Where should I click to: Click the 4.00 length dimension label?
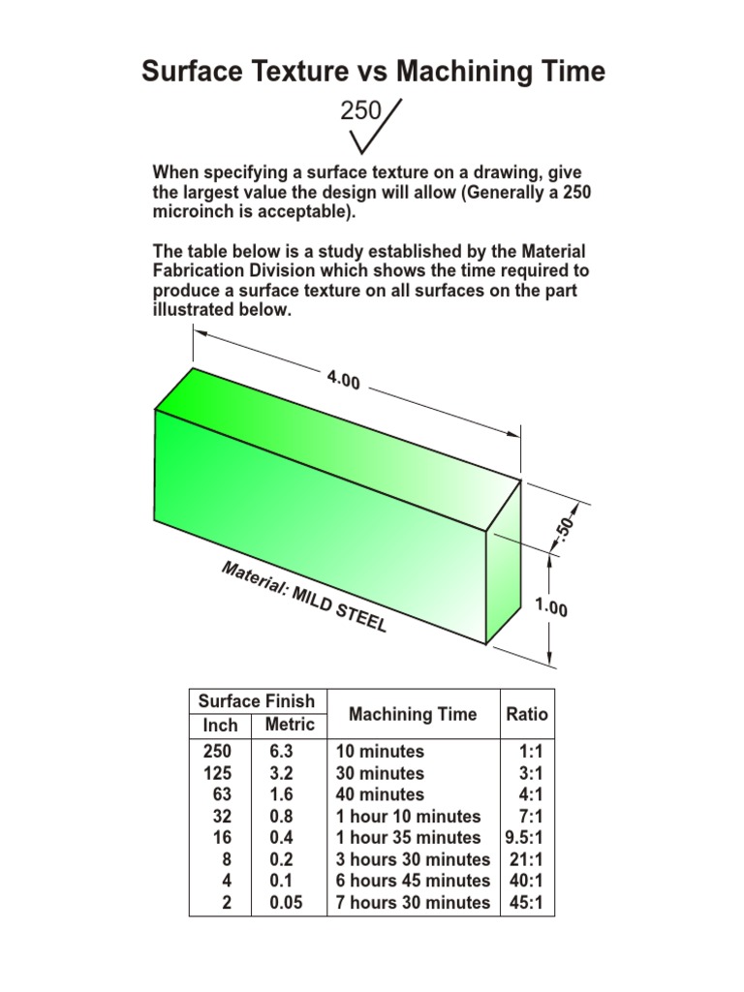coord(343,381)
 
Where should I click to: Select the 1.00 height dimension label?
coord(551,608)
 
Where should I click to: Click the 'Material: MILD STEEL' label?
coord(304,597)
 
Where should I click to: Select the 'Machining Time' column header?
coord(413,715)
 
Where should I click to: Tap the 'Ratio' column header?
coord(526,715)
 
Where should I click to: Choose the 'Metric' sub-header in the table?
coord(290,725)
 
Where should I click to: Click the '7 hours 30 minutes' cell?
coord(413,903)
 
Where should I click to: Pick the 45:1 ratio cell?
coord(527,903)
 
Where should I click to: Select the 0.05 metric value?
coord(286,903)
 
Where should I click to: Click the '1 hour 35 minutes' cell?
coord(408,838)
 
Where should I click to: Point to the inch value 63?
coord(223,795)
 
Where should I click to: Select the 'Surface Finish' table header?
coord(257,701)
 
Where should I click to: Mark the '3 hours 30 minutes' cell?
coord(413,859)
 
